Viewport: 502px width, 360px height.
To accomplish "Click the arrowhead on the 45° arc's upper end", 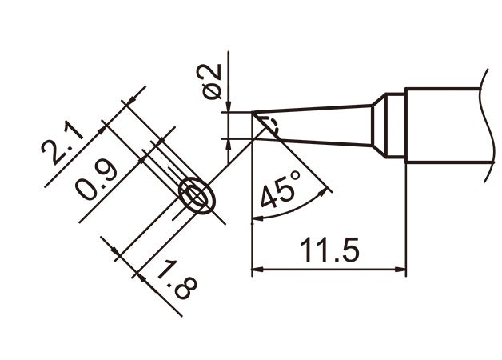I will tap(325, 190).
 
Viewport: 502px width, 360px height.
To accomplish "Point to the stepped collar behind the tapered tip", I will tap(388, 126).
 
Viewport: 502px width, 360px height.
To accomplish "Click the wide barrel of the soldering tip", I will tap(444, 124).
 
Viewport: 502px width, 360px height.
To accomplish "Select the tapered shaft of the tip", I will tap(320, 125).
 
